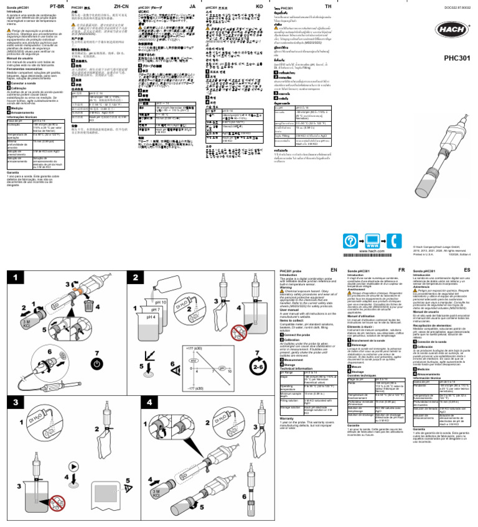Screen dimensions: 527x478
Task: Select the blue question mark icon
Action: (x=352, y=241)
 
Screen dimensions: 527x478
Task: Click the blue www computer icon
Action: (x=373, y=241)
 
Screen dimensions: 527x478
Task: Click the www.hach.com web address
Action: (x=373, y=251)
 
